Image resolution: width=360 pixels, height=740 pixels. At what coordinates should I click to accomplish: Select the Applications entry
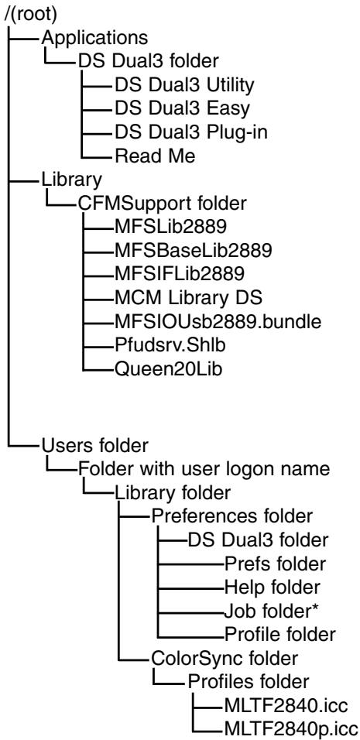94,37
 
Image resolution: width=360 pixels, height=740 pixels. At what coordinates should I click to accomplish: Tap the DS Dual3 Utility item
184,84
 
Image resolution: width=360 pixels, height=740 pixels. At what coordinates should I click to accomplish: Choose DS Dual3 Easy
182,108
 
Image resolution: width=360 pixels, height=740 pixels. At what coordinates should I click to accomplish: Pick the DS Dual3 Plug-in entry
191,132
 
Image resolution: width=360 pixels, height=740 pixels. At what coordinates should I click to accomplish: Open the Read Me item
155,156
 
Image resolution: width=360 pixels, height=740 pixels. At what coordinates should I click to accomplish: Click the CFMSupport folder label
163,204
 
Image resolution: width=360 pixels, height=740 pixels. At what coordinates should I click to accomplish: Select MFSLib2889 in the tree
170,227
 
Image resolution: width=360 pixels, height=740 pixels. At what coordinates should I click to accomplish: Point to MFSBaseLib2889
194,251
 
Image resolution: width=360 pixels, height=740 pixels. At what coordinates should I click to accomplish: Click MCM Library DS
188,298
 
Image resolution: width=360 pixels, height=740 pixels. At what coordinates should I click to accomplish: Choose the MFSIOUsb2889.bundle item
218,322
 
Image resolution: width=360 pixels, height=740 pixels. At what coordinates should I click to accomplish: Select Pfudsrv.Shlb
170,345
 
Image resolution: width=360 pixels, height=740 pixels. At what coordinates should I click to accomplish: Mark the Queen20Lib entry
168,369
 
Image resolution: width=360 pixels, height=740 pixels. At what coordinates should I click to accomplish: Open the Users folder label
95,444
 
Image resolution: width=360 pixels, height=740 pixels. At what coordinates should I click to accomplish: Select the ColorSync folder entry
224,657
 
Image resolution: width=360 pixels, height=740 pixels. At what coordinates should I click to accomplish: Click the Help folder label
273,587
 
